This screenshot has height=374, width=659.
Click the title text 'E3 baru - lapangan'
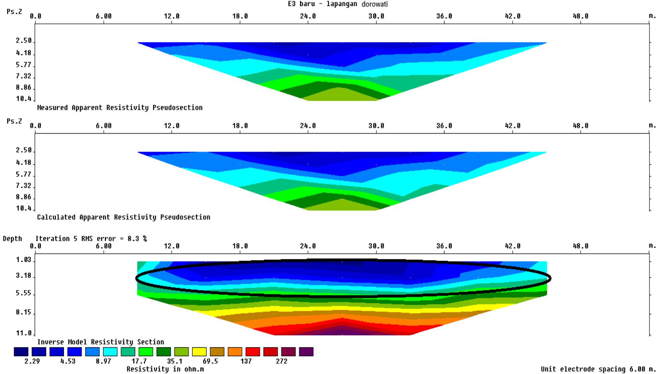coord(322,4)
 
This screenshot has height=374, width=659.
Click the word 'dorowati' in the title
coord(374,4)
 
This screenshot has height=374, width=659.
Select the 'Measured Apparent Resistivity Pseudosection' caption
coord(120,107)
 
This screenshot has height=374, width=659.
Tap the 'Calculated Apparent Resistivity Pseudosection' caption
coord(124,217)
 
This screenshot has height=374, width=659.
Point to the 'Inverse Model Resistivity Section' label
coord(101,342)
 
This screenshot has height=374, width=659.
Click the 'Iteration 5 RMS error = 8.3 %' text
coord(91,239)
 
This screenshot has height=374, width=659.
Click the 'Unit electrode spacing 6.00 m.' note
coord(598,369)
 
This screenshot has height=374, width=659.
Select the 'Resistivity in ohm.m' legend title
coord(165,369)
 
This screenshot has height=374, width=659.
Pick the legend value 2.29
coord(32,361)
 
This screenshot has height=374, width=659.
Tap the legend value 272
coord(281,361)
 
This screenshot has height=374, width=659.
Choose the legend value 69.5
coord(210,361)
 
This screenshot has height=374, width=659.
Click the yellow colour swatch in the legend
coord(199,352)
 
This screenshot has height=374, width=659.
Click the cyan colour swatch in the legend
coord(110,352)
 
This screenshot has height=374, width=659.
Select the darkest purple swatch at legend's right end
coord(306,352)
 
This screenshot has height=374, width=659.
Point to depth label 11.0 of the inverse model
coord(23,333)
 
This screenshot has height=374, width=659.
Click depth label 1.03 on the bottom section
coord(23,260)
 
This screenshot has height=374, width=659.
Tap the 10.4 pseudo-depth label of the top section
coord(23,99)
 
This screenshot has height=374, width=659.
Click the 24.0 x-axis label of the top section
coord(308,16)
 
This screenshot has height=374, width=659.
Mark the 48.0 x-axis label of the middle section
coord(581,126)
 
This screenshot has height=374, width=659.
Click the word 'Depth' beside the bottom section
coord(12,239)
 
